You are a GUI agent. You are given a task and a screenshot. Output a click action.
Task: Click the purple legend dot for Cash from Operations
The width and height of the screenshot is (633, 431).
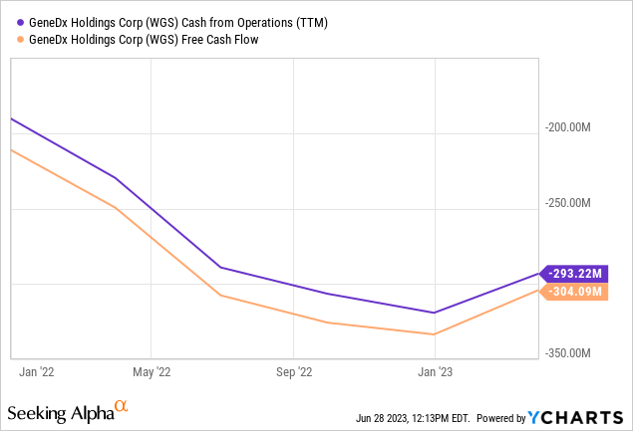tap(13, 21)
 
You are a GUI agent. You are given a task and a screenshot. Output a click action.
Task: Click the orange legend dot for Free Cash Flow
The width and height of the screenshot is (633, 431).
tap(13, 39)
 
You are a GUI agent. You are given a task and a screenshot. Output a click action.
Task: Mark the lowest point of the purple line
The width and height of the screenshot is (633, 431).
tap(434, 313)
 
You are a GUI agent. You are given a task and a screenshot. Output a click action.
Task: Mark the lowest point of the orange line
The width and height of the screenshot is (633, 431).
tap(434, 334)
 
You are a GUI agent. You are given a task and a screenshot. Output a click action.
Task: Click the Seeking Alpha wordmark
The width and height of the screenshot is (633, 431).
tap(59, 411)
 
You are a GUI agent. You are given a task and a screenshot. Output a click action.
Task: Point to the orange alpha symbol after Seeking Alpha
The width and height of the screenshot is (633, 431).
tap(121, 407)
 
